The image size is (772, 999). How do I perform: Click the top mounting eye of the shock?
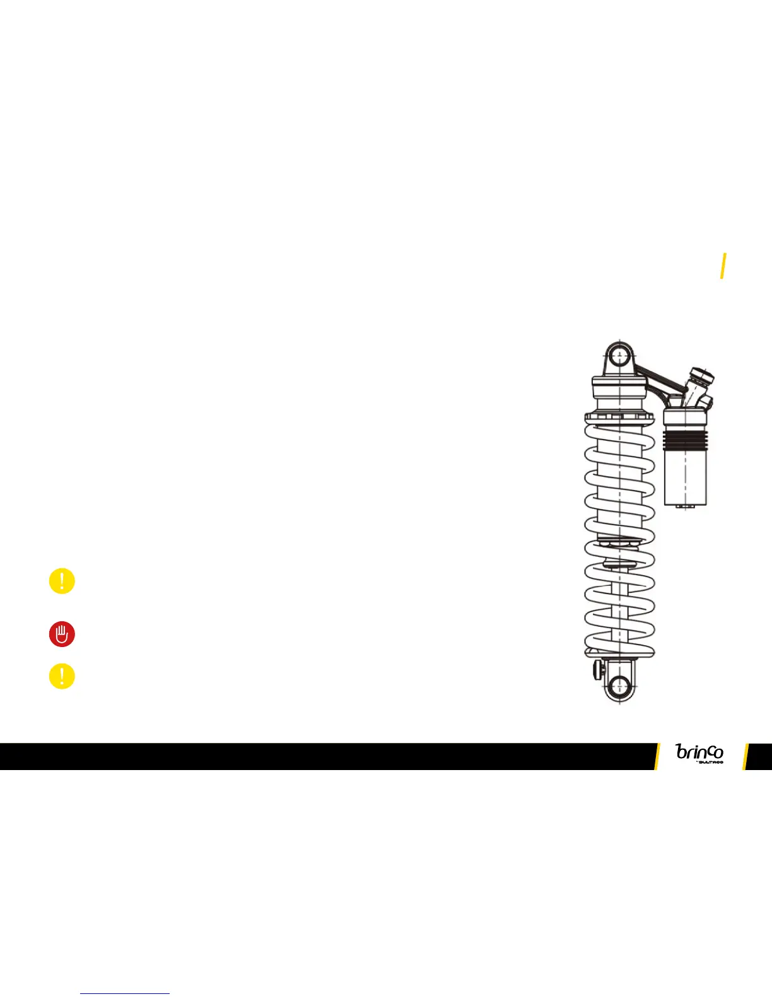click(x=620, y=353)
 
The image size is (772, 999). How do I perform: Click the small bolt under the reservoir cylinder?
click(x=686, y=506)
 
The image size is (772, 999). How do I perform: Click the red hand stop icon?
click(x=62, y=634)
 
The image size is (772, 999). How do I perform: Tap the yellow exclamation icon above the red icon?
click(x=62, y=581)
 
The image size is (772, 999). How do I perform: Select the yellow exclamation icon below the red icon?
click(x=62, y=676)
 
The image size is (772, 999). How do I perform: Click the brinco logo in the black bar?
click(x=699, y=752)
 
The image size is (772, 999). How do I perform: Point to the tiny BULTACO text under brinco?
click(x=710, y=762)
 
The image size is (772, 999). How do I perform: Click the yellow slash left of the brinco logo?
click(x=657, y=756)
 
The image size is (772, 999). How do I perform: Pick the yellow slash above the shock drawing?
click(x=723, y=265)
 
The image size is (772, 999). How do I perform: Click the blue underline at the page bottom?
click(x=125, y=994)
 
